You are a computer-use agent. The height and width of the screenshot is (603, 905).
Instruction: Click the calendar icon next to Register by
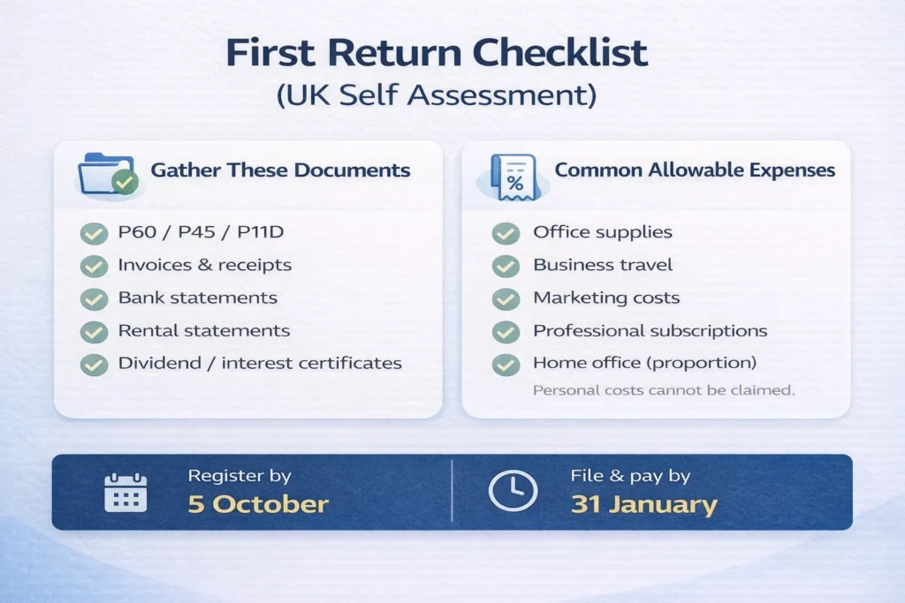point(125,492)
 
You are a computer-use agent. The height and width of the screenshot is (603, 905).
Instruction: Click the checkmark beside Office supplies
point(506,233)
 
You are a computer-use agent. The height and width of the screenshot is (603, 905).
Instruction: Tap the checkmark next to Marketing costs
point(506,298)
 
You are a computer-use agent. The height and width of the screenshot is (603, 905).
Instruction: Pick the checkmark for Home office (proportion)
point(506,364)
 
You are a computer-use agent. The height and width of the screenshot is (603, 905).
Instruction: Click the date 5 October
point(257,505)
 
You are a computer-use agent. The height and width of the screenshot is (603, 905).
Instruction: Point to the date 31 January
point(643,505)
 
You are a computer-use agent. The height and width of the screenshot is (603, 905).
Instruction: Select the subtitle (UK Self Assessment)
point(436,95)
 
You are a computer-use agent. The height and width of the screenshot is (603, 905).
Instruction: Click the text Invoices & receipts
point(204,265)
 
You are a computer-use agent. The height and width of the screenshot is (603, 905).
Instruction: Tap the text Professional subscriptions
point(650,331)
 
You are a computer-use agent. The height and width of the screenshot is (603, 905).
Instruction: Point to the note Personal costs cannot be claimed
point(664,389)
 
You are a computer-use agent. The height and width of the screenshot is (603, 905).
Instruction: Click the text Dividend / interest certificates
point(260,363)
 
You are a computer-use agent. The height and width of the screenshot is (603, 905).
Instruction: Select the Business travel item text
point(603,265)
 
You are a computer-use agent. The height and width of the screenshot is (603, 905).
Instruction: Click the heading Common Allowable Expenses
point(695,170)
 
